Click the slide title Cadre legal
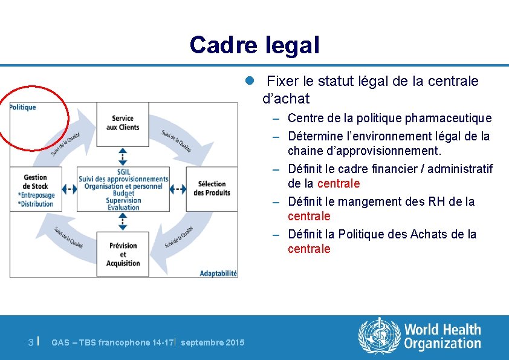click(x=254, y=45)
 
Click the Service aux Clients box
click(x=123, y=123)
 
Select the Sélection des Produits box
click(x=212, y=188)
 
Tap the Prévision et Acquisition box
click(x=123, y=254)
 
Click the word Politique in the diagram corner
click(x=23, y=107)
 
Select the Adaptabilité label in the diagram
click(x=218, y=273)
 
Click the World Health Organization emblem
click(x=380, y=336)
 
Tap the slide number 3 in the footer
click(x=31, y=342)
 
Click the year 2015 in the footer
click(x=235, y=343)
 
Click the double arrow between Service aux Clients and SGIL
click(x=123, y=156)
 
